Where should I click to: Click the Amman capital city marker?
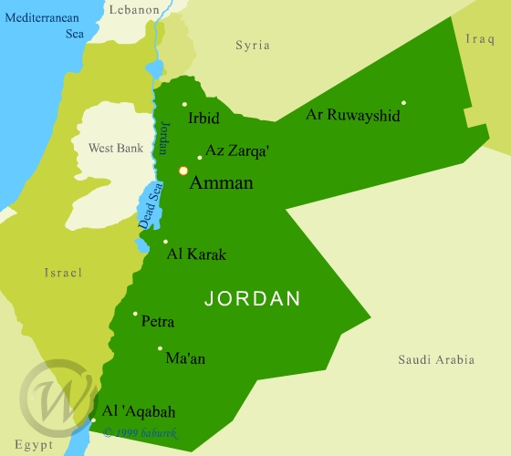coord(183,171)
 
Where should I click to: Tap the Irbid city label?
coord(203,119)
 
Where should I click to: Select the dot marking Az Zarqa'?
coord(200,157)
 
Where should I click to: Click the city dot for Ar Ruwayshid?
coord(403,102)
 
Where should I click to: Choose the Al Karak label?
coord(196,254)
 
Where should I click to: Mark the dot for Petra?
coord(135,314)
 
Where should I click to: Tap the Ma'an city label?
coord(185,358)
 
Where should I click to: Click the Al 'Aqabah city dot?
coord(93,420)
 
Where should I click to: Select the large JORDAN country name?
coord(253,298)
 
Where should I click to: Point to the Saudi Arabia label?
coord(436,360)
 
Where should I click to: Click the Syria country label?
coord(253,45)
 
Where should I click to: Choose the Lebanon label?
coord(134,10)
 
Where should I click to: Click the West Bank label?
coord(116,148)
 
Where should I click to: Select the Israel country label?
coord(63,273)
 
